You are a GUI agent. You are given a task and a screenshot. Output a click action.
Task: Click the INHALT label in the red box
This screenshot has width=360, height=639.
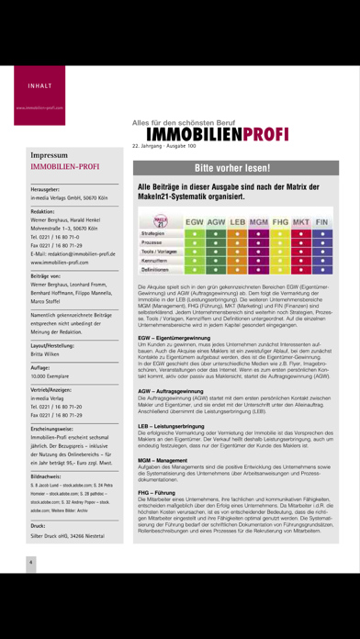(x=28, y=88)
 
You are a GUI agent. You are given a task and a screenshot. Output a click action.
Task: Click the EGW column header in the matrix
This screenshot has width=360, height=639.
(x=194, y=221)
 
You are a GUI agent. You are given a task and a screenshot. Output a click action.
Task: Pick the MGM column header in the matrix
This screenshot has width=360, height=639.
(x=258, y=221)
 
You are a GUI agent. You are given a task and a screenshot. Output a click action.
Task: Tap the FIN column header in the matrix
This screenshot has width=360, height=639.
(x=322, y=221)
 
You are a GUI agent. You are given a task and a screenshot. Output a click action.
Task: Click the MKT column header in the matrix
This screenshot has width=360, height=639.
(x=301, y=221)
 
